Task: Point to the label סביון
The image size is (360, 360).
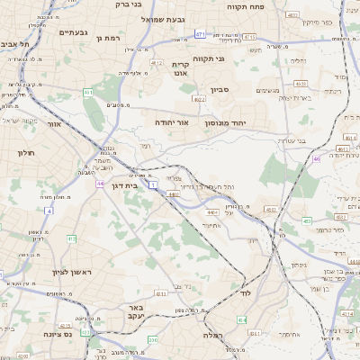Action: tap(220, 90)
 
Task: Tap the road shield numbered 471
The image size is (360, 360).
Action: tap(200, 33)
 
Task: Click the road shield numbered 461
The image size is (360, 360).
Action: tap(87, 92)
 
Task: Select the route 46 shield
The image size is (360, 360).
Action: tap(316, 159)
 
